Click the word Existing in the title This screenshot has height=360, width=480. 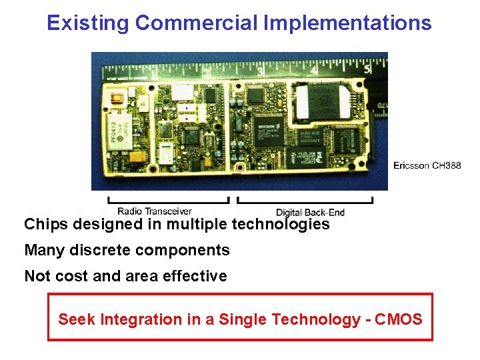coord(88,23)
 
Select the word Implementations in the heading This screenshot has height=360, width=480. coord(347,23)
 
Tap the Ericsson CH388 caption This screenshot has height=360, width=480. coord(427,165)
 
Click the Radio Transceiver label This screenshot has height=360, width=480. coord(155,211)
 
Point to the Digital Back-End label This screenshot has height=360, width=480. coord(310,212)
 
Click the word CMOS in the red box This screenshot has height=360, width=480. coord(399,319)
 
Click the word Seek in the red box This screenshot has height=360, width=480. coord(77,319)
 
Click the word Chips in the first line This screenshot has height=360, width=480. coord(47,224)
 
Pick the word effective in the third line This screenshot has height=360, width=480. coord(198,276)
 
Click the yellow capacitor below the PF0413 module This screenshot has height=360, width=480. coord(137,158)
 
